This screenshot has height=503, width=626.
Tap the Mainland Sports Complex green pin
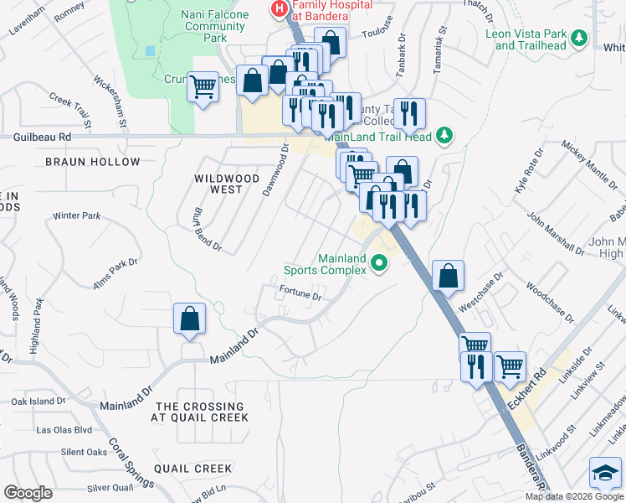point(379,264)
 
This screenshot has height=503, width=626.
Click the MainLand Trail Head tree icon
point(445,135)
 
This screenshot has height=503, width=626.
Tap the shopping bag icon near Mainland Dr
point(190,319)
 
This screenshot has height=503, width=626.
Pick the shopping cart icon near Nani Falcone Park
point(203,86)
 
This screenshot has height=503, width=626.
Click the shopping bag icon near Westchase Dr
point(449,275)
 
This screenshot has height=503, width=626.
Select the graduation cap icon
point(604,474)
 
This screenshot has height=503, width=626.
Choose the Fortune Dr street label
point(300,294)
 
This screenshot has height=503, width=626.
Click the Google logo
point(28,493)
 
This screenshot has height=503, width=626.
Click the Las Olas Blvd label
point(64,430)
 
